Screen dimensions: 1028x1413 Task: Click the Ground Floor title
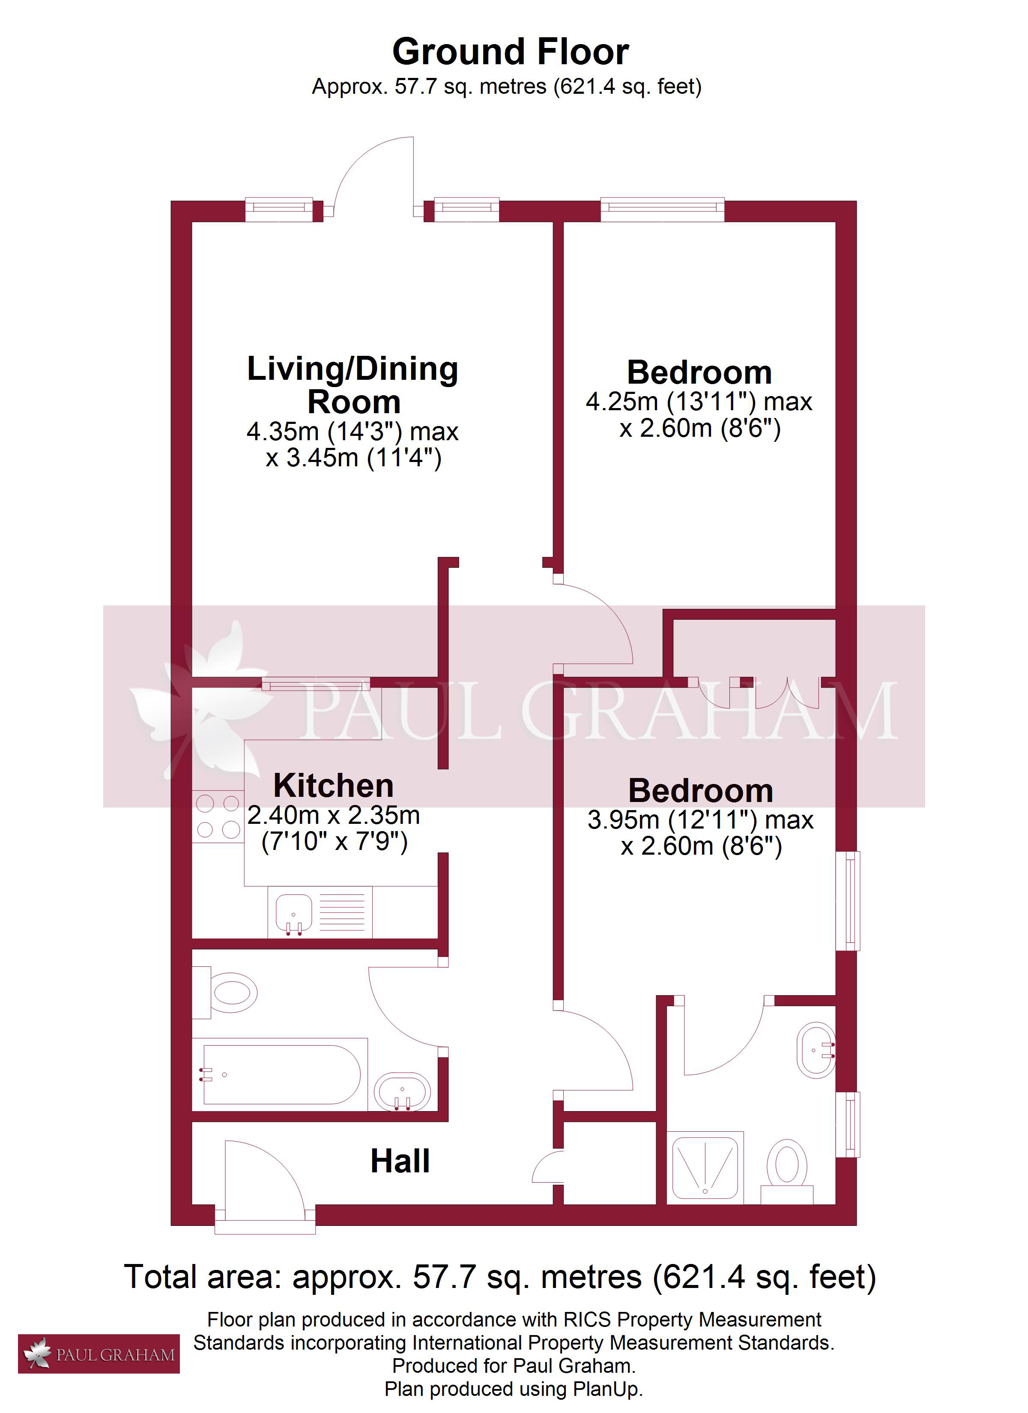[x=511, y=52]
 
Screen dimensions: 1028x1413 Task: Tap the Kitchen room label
[x=334, y=786]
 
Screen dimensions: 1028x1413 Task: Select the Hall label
[x=400, y=1161]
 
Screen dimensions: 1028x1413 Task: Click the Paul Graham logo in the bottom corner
[x=99, y=1354]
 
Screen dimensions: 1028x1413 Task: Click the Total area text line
[x=500, y=1277]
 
